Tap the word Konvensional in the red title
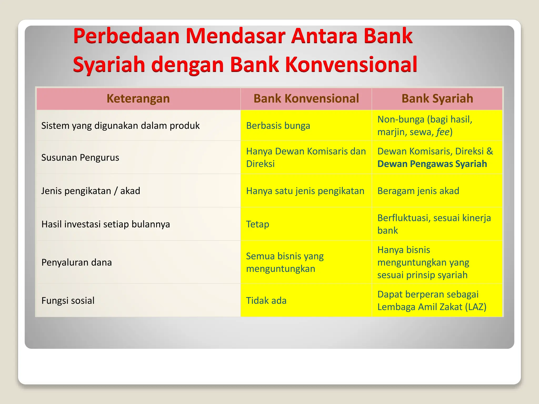[351, 64]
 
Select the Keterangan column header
[138, 99]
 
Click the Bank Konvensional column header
[306, 99]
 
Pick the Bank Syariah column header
[437, 99]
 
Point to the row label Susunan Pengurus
[80, 158]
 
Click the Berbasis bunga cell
[278, 126]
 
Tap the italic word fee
[442, 132]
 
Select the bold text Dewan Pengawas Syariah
[432, 164]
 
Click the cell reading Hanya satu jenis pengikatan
[305, 191]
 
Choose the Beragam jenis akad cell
[418, 191]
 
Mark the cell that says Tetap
[257, 224]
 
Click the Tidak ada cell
[266, 301]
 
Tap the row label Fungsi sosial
[68, 301]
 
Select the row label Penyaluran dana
[77, 262]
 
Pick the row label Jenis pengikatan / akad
[91, 191]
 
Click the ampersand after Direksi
[490, 151]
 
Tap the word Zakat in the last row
[449, 307]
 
